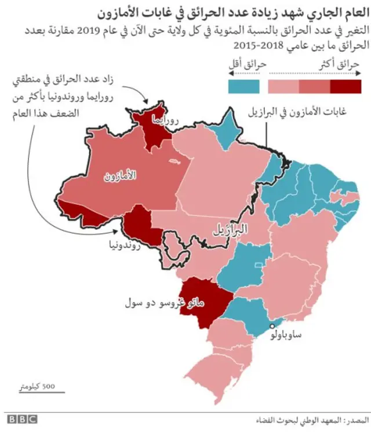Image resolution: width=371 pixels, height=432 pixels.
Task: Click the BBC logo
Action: coord(21,419)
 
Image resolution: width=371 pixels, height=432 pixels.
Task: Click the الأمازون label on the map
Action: coord(120,175)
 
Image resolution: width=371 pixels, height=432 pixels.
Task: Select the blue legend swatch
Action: coord(244,87)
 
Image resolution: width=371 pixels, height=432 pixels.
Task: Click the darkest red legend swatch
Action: coord(346,87)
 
